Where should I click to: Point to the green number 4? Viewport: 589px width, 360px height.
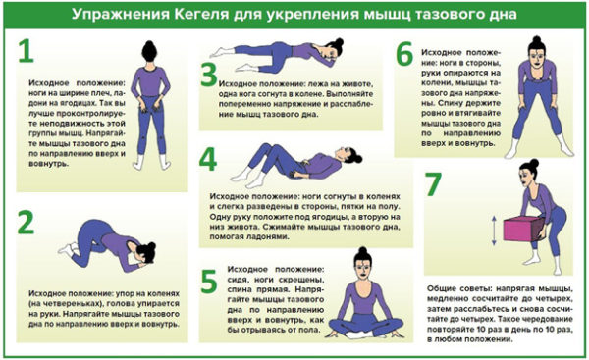[208, 158]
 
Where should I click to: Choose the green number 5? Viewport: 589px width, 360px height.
[208, 281]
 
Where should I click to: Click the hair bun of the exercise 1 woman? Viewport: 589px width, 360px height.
[148, 46]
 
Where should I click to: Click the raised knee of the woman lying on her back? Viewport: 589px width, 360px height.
[265, 150]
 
